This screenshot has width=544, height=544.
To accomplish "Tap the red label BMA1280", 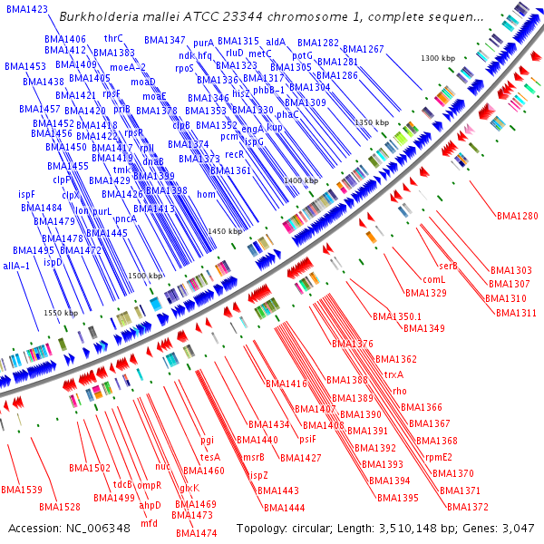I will [517, 216].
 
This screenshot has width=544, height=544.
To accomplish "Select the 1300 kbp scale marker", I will [440, 58].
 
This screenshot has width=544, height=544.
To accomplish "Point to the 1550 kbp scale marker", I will [63, 313].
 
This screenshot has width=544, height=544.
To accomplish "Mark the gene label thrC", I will [113, 39].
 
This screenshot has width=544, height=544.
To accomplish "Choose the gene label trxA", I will [393, 374].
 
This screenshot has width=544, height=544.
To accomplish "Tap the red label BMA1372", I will [468, 507].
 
